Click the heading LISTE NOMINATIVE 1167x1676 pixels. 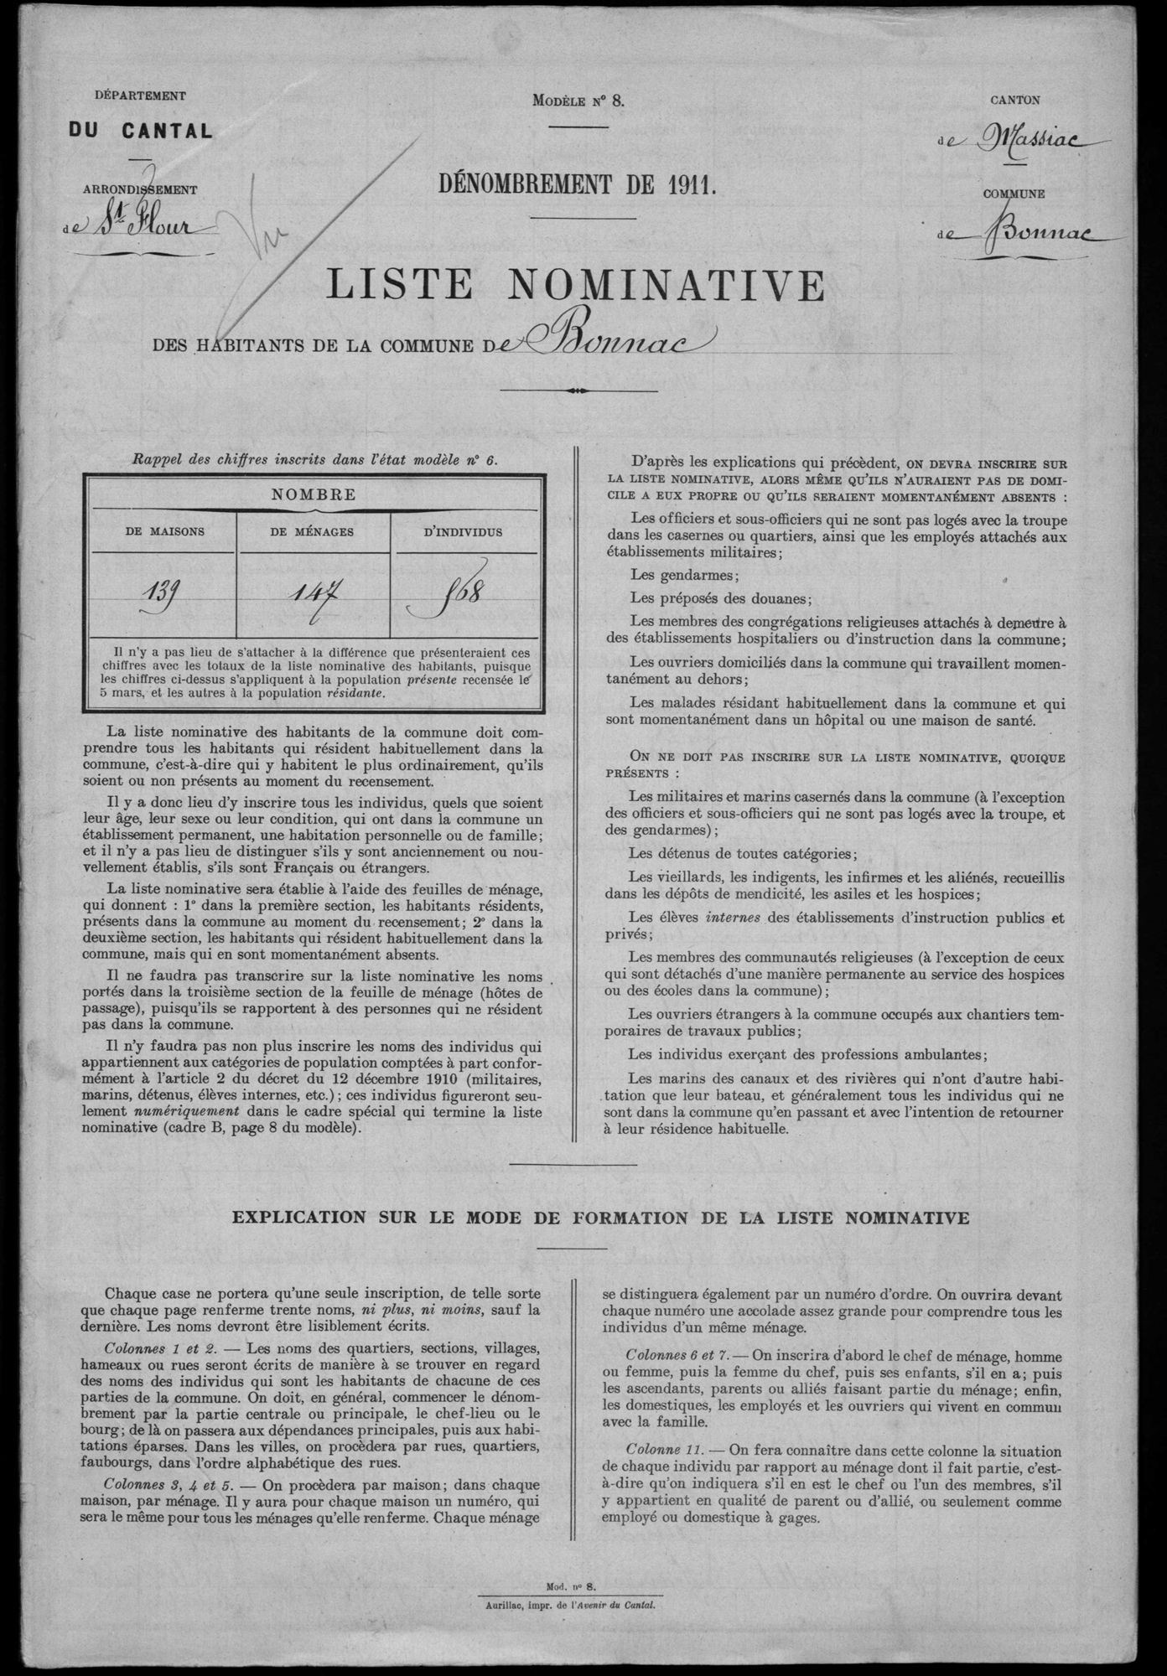click(574, 286)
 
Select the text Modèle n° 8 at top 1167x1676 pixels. click(578, 101)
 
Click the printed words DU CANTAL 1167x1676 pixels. click(140, 131)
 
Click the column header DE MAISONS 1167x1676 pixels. click(165, 531)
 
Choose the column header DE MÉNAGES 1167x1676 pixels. click(315, 531)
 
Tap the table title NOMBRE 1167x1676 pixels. click(314, 494)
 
